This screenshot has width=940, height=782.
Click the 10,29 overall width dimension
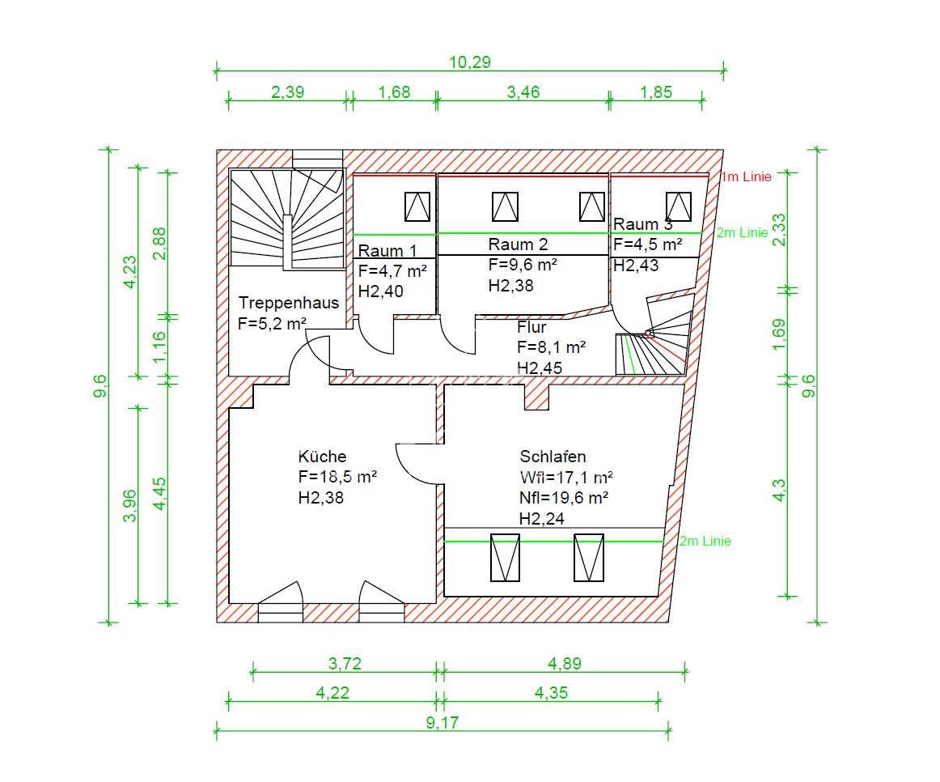pyautogui.click(x=469, y=62)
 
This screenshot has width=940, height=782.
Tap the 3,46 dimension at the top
pyautogui.click(x=523, y=92)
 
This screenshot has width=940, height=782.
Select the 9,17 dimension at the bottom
pyautogui.click(x=442, y=723)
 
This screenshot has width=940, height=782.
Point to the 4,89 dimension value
pyautogui.click(x=564, y=664)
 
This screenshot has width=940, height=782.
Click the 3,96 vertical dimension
pyautogui.click(x=129, y=505)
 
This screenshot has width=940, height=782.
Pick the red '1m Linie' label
pyautogui.click(x=746, y=177)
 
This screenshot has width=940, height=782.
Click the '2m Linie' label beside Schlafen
pyautogui.click(x=705, y=541)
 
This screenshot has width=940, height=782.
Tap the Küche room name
pyautogui.click(x=323, y=457)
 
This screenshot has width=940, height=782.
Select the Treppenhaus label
pyautogui.click(x=289, y=303)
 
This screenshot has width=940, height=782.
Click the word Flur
pyautogui.click(x=531, y=327)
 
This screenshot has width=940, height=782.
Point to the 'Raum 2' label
pyautogui.click(x=518, y=244)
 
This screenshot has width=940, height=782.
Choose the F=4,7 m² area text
pyautogui.click(x=392, y=271)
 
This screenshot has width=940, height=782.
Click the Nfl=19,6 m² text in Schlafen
pyautogui.click(x=564, y=498)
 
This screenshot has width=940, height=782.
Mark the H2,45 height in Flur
pyautogui.click(x=540, y=368)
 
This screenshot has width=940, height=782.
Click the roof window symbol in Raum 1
pyautogui.click(x=417, y=207)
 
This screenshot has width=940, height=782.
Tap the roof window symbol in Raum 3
pyautogui.click(x=679, y=207)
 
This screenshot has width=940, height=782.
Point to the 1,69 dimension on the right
pyautogui.click(x=778, y=334)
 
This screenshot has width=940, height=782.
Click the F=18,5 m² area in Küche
pyautogui.click(x=337, y=477)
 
